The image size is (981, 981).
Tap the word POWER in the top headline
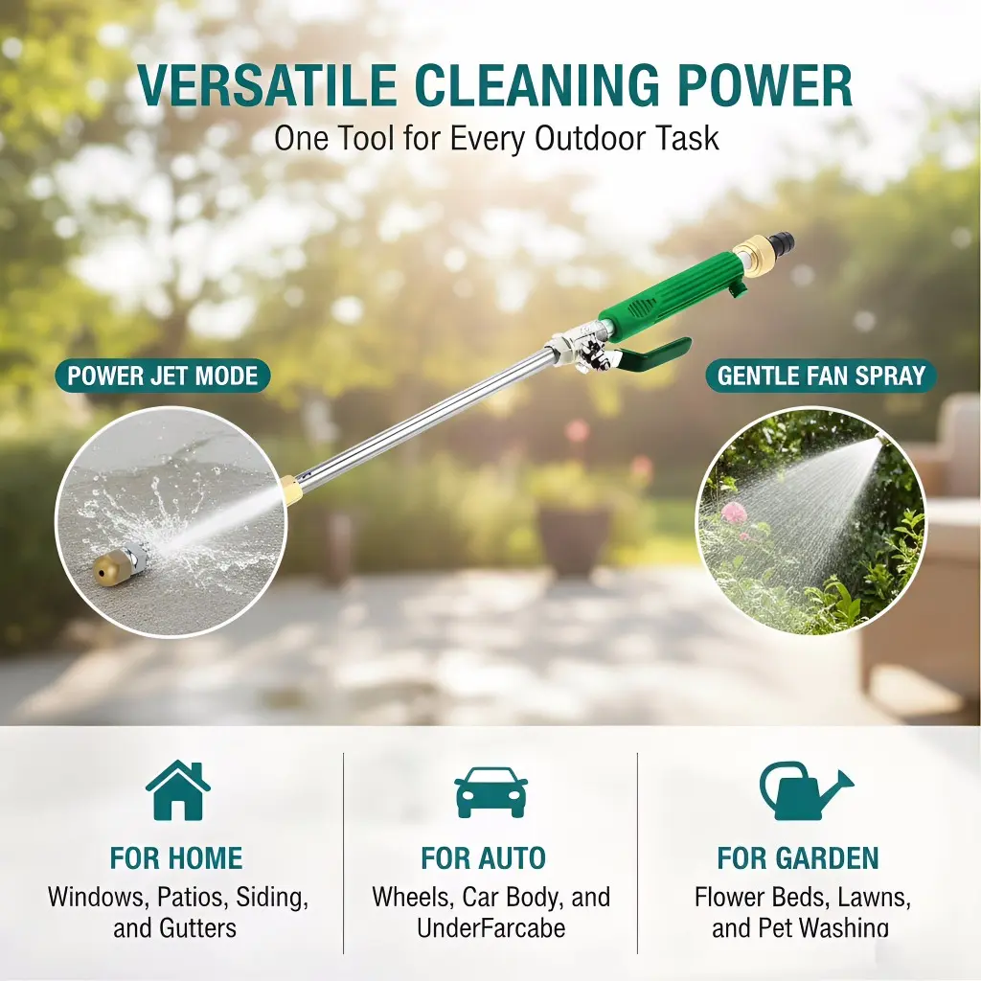765,85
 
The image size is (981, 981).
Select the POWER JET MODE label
163,376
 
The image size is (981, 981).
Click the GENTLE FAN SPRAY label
821,376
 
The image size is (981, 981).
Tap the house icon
177,789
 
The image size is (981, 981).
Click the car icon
491,792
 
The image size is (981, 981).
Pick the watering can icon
806,790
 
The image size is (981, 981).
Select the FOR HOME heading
176,857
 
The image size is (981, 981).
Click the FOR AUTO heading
483,857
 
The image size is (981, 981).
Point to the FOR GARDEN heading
798,857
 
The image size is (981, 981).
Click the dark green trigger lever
654,355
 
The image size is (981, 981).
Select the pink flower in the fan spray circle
734,513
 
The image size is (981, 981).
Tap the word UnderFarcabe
491,927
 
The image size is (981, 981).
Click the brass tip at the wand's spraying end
291,490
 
